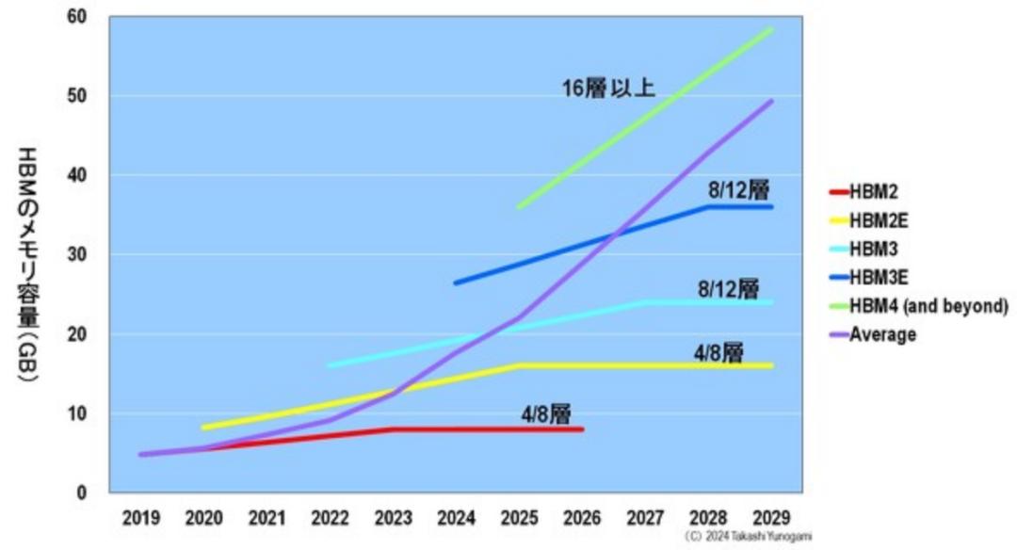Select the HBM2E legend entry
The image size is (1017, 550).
pos(880,220)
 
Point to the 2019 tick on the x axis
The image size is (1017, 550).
pos(141,518)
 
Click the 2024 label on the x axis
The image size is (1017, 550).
pos(457,518)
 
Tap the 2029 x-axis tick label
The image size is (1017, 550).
pos(772,518)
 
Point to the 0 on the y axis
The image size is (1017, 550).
pos(82,493)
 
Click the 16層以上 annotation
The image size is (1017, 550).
pos(608,89)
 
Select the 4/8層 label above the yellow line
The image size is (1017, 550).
pos(718,353)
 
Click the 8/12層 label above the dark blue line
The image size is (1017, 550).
pos(739,191)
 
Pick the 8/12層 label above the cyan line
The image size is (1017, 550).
pos(729,288)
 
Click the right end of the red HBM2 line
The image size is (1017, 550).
pos(583,429)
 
